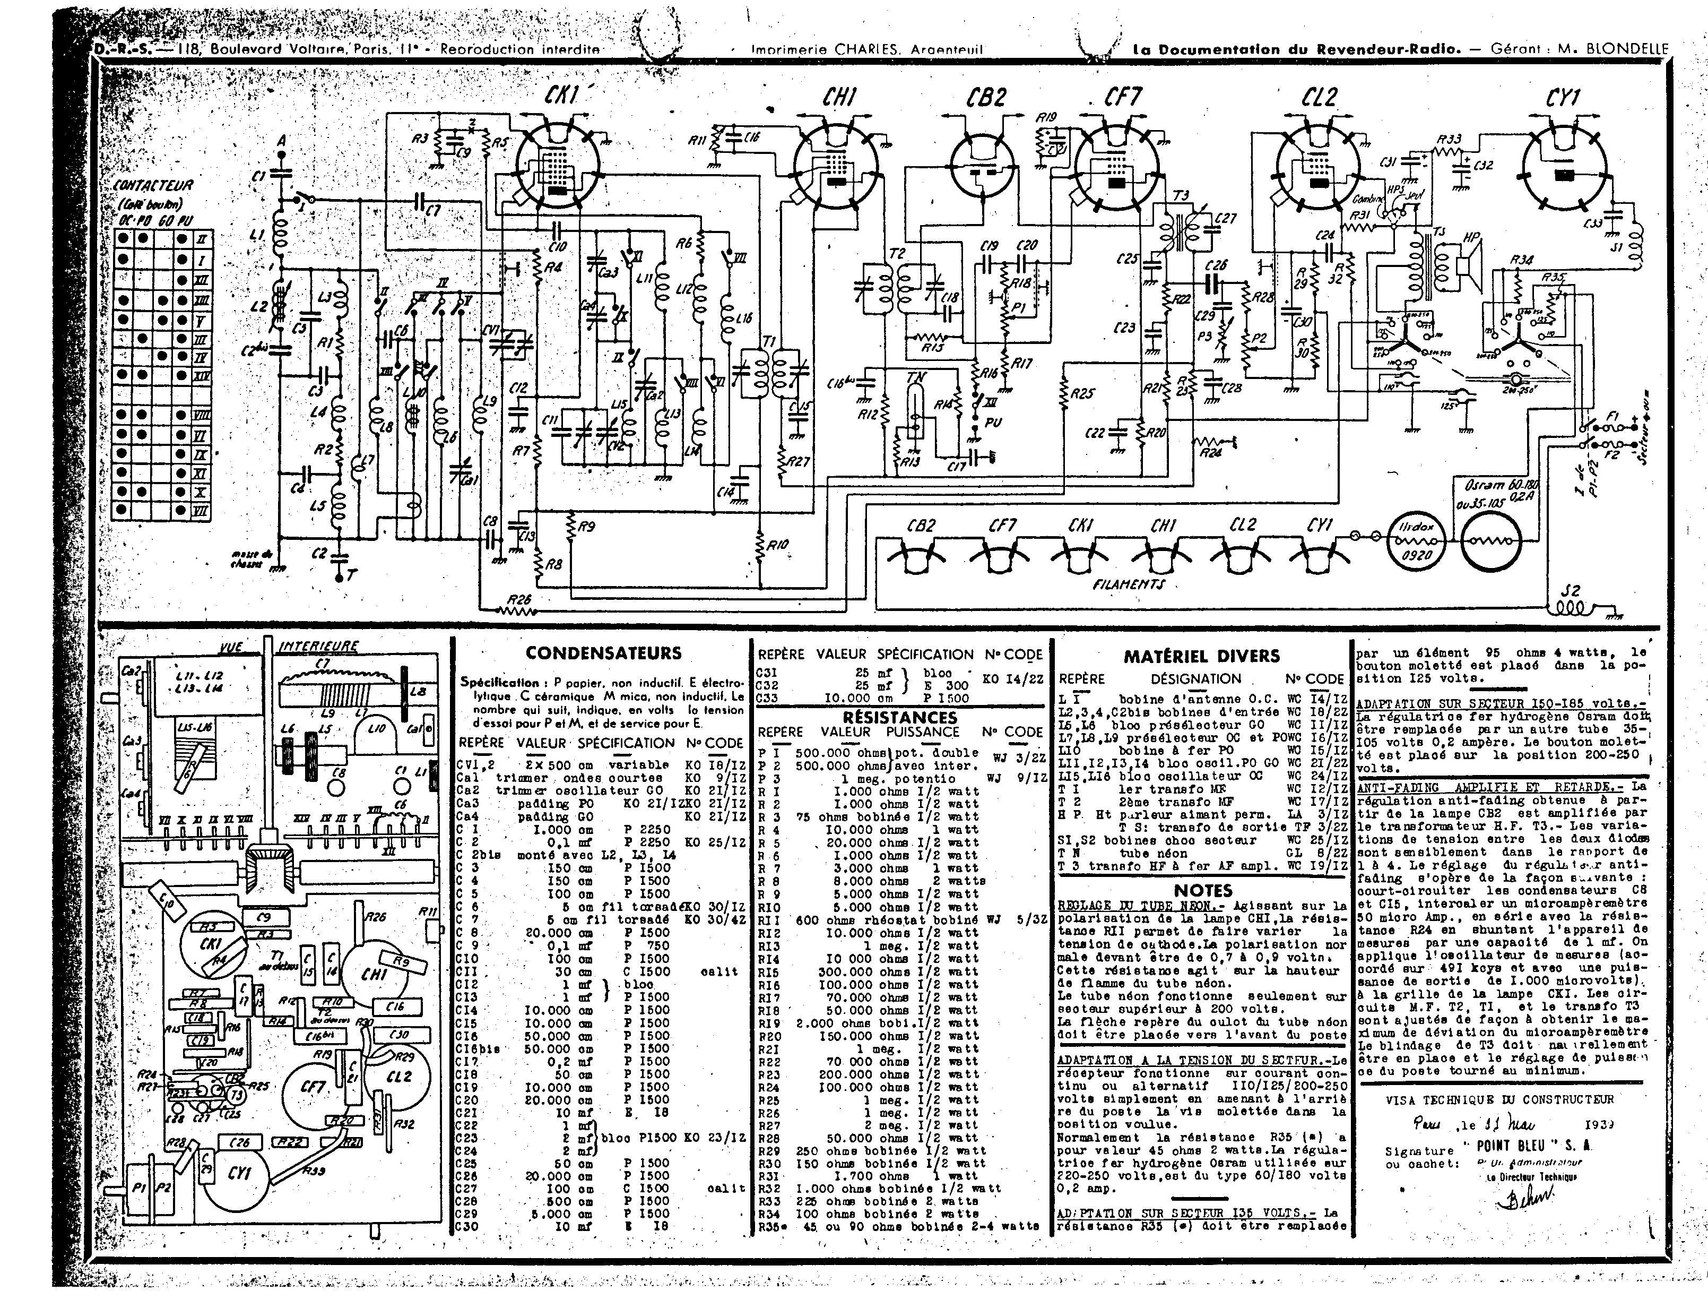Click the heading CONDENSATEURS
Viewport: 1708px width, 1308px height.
pos(603,653)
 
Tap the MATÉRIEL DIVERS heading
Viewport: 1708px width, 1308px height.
pos(1201,656)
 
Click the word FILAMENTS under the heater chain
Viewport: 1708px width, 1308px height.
pos(1128,583)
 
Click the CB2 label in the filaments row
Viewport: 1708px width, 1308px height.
pos(921,526)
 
